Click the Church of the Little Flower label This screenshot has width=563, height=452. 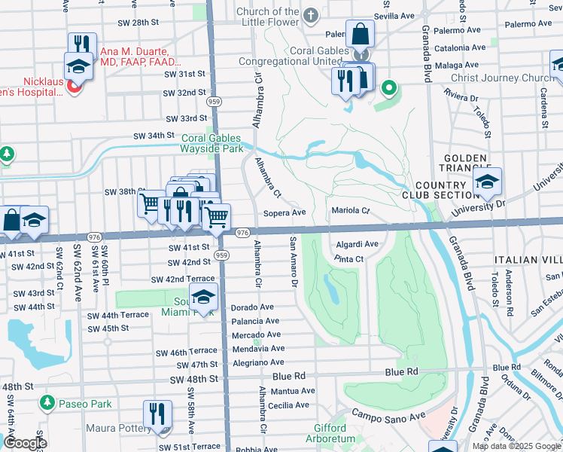click(267, 17)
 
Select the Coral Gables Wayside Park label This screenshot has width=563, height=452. click(212, 143)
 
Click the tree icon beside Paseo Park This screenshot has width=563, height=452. click(48, 404)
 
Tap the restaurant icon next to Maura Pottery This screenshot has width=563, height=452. click(157, 414)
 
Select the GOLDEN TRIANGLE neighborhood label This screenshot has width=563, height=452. click(467, 163)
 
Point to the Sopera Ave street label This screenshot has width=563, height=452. click(284, 213)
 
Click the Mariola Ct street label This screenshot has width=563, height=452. click(350, 211)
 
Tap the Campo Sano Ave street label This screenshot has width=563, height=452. click(389, 415)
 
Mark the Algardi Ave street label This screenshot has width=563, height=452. click(357, 244)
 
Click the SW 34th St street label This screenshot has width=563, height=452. click(154, 136)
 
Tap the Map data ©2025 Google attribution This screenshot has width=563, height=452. click(516, 446)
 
